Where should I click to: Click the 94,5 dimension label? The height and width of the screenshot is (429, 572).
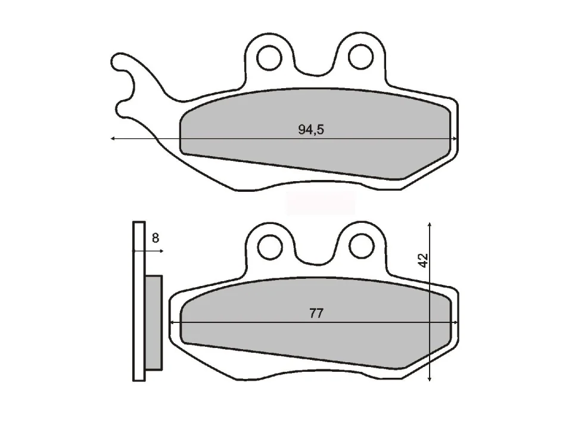(x=311, y=130)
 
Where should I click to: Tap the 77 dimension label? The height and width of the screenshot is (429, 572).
(x=316, y=313)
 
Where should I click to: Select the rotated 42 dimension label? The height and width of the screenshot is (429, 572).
(x=423, y=260)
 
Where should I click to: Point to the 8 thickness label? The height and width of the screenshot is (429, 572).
(x=155, y=238)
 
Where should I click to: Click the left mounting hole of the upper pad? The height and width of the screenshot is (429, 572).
(x=269, y=57)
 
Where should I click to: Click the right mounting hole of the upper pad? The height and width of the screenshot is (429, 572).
(x=360, y=57)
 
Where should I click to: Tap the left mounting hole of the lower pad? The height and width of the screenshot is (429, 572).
(x=269, y=244)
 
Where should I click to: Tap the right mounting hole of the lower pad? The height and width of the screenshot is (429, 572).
(x=360, y=244)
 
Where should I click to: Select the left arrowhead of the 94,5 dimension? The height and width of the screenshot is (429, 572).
(x=113, y=139)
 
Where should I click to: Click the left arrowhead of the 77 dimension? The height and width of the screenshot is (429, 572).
(x=173, y=322)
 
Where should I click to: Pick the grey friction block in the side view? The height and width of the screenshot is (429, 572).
(x=154, y=322)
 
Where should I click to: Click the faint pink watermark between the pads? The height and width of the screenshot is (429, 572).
(x=321, y=203)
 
